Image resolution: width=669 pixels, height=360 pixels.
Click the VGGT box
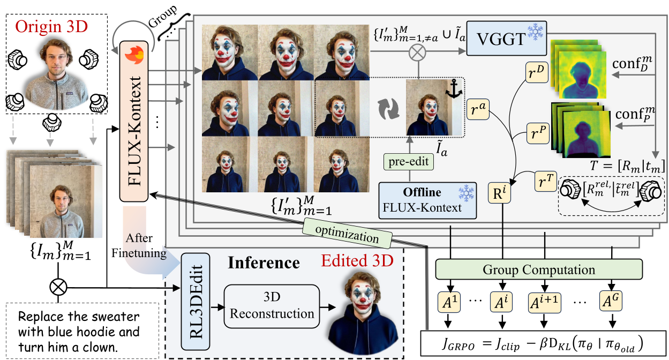tap(507, 38)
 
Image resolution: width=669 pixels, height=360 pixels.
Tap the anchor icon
tap(454, 89)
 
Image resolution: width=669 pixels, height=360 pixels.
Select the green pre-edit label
tap(408, 162)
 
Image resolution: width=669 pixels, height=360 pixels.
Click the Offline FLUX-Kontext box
tap(427, 200)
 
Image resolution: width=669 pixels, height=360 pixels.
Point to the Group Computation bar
tap(539, 269)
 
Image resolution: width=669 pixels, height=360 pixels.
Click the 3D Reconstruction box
tap(272, 306)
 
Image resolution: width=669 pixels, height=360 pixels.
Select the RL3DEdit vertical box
tap(196, 302)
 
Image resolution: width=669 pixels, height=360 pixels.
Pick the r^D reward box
tap(537, 72)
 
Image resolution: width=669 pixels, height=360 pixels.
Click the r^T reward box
tap(546, 181)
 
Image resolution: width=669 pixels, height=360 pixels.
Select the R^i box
tap(499, 193)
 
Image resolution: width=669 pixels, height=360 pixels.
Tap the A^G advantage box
tap(611, 302)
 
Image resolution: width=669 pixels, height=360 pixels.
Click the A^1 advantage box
tap(449, 302)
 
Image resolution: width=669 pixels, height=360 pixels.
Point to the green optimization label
tap(347, 234)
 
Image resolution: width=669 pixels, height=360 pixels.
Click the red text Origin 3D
tap(51, 27)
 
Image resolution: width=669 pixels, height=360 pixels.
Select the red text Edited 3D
tap(357, 260)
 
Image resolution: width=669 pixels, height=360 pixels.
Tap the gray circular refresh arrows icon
tap(388, 109)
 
